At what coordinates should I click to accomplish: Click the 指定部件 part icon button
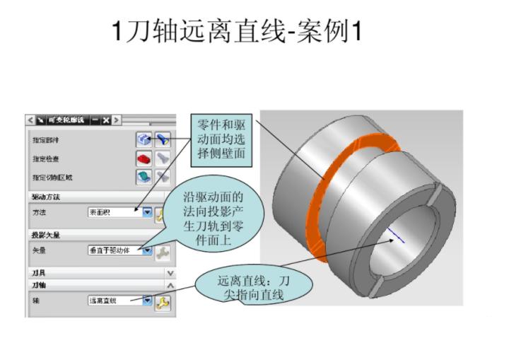point(144,140)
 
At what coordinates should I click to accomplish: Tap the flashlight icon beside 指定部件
point(163,140)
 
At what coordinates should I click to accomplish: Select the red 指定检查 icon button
point(144,158)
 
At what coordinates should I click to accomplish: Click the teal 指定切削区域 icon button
point(144,176)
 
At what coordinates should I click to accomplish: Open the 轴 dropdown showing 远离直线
point(119,301)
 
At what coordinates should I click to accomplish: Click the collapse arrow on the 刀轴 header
point(170,284)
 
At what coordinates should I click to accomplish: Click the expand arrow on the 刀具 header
point(170,272)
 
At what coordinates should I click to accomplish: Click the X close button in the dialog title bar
point(105,119)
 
